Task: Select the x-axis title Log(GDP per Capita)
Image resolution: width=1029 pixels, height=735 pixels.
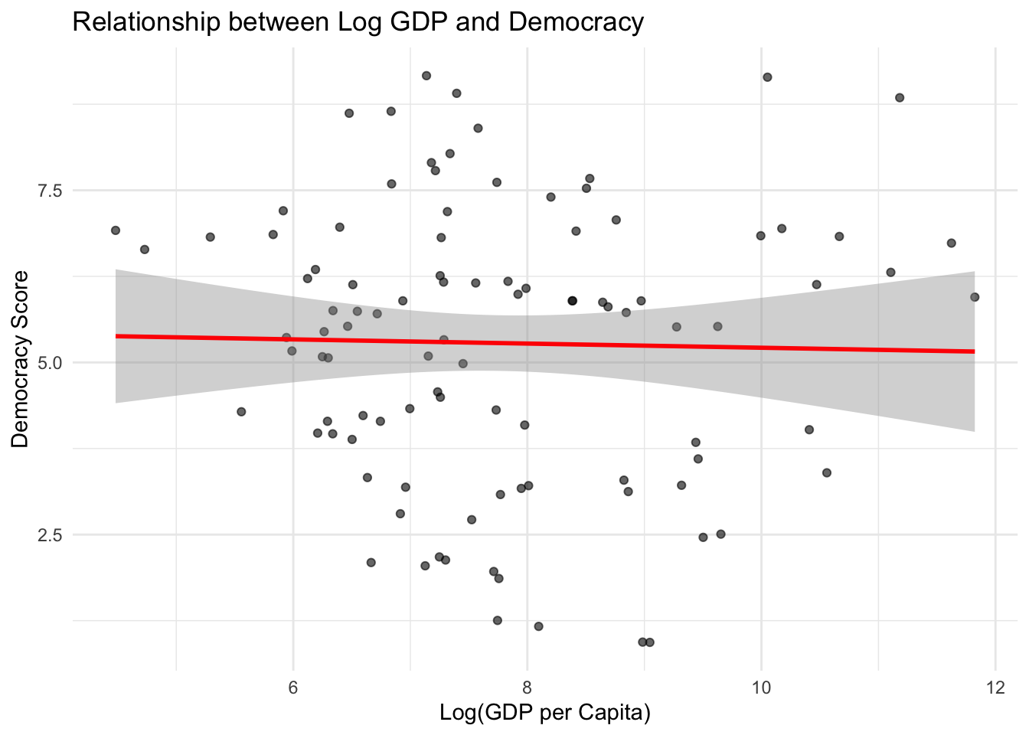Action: [x=545, y=713]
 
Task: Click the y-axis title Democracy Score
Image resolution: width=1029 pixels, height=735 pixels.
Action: [x=21, y=359]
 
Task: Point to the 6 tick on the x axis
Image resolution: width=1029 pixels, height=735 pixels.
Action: [x=293, y=688]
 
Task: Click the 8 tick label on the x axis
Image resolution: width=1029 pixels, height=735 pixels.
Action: [x=527, y=688]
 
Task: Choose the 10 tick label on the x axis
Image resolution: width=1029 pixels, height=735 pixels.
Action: [x=761, y=688]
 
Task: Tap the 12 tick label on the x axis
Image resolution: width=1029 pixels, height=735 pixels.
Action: [x=995, y=688]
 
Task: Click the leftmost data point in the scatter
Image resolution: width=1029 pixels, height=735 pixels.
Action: [x=116, y=230]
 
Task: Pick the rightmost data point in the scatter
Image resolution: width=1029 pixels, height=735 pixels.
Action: [x=975, y=297]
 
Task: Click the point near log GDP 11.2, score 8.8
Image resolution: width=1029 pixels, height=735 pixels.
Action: [x=900, y=98]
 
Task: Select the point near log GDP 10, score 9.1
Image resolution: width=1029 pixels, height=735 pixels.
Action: [x=767, y=77]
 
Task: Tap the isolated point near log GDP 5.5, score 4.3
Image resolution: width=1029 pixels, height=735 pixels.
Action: [x=241, y=412]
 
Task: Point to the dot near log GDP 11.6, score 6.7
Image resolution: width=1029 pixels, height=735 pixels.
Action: [x=952, y=243]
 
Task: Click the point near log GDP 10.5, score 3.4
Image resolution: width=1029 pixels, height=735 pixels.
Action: [x=827, y=473]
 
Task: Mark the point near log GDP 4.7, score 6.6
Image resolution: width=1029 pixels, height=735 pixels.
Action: [x=145, y=250]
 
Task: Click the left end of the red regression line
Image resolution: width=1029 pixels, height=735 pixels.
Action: [x=117, y=336]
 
